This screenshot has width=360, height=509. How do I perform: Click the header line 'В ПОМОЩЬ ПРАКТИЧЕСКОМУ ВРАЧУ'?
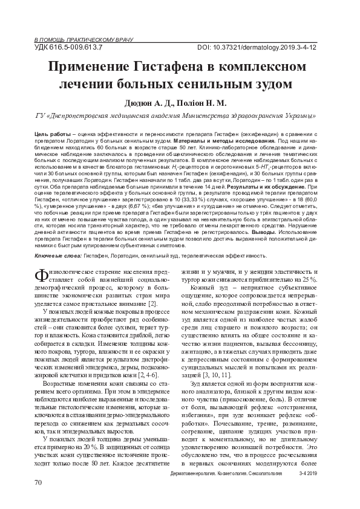pyautogui.click(x=68, y=38)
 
